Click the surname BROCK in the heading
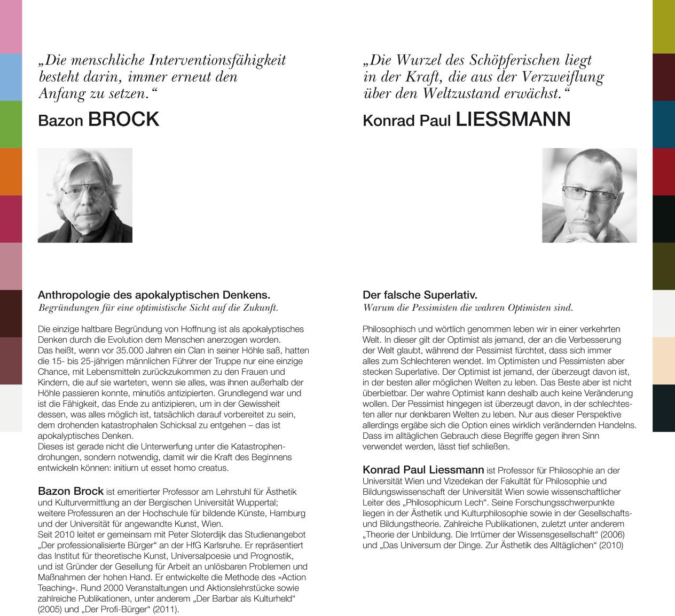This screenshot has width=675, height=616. pyautogui.click(x=123, y=119)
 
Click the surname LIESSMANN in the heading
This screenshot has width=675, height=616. pyautogui.click(x=513, y=119)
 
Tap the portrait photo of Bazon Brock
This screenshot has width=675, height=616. pyautogui.click(x=85, y=195)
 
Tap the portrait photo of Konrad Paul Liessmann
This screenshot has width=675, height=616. pyautogui.click(x=589, y=195)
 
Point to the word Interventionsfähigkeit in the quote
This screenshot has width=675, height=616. pyautogui.click(x=217, y=60)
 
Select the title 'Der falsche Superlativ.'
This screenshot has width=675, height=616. pyautogui.click(x=420, y=295)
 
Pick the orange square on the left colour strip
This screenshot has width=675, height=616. pyautogui.click(x=11, y=171)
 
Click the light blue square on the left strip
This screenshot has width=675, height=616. pyautogui.click(x=11, y=77)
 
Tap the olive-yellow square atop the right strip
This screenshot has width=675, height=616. pyautogui.click(x=664, y=27)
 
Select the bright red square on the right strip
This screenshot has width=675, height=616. pyautogui.click(x=664, y=171)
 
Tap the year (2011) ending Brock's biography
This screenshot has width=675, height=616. pyautogui.click(x=166, y=609)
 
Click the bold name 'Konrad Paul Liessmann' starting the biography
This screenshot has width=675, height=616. pyautogui.click(x=423, y=470)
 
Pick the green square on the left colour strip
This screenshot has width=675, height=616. pyautogui.click(x=11, y=124)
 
